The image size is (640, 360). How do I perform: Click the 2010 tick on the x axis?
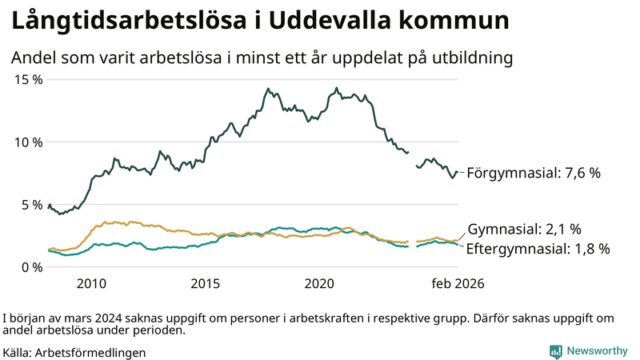click(x=91, y=283)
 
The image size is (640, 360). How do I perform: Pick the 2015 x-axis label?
click(x=206, y=283)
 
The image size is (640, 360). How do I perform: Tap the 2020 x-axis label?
click(x=320, y=283)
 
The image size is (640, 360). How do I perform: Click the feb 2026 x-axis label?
click(x=458, y=283)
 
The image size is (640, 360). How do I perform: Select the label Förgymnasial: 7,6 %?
click(x=533, y=172)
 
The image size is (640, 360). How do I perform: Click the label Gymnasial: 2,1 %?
click(x=525, y=229)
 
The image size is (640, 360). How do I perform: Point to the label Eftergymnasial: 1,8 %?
click(x=538, y=249)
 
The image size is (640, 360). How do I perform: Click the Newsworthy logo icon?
click(x=555, y=350)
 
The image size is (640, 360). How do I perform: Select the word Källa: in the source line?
click(x=18, y=352)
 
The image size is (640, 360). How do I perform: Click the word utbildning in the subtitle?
click(x=473, y=58)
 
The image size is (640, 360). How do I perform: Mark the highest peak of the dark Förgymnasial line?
click(x=337, y=88)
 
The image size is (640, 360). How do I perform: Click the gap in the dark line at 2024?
click(x=413, y=158)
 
